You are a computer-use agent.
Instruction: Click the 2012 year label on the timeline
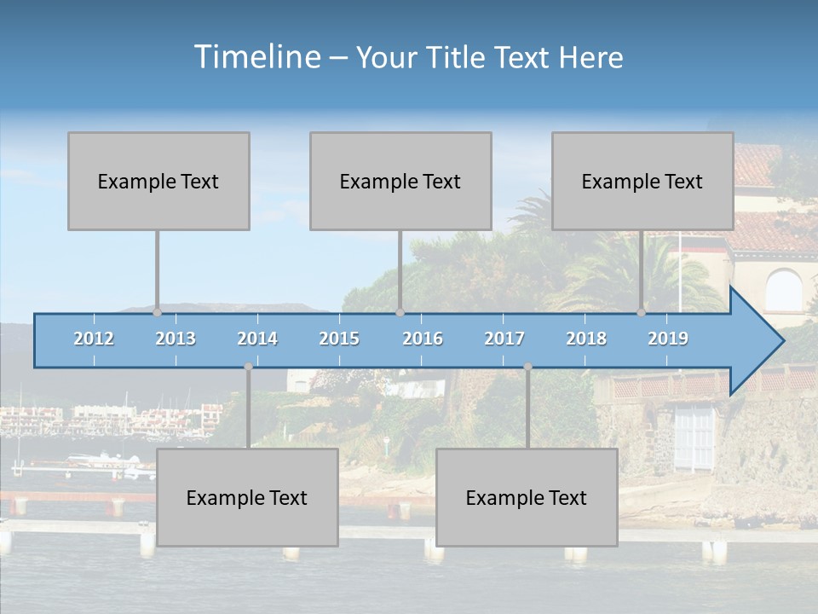point(94,339)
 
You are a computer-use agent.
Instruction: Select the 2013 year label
point(176,339)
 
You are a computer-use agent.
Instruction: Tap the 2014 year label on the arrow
point(257,339)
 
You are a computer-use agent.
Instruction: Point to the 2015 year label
point(339,339)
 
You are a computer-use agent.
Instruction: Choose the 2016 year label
point(423,339)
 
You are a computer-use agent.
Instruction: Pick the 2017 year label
point(504,339)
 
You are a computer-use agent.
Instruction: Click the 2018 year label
point(586,339)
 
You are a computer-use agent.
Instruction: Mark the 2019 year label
point(668,339)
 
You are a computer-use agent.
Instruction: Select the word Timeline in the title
point(256,57)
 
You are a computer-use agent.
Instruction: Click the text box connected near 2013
point(158,181)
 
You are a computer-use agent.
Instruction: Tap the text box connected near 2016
point(400,181)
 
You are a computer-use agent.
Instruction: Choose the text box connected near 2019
point(642,181)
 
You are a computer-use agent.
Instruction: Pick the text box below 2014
point(247,497)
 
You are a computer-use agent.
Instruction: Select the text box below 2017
point(527,497)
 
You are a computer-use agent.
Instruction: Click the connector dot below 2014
point(248,367)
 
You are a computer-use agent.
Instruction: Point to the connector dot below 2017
point(527,367)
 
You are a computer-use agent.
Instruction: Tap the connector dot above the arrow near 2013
point(158,312)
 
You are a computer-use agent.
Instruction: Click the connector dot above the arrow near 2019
point(642,312)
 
